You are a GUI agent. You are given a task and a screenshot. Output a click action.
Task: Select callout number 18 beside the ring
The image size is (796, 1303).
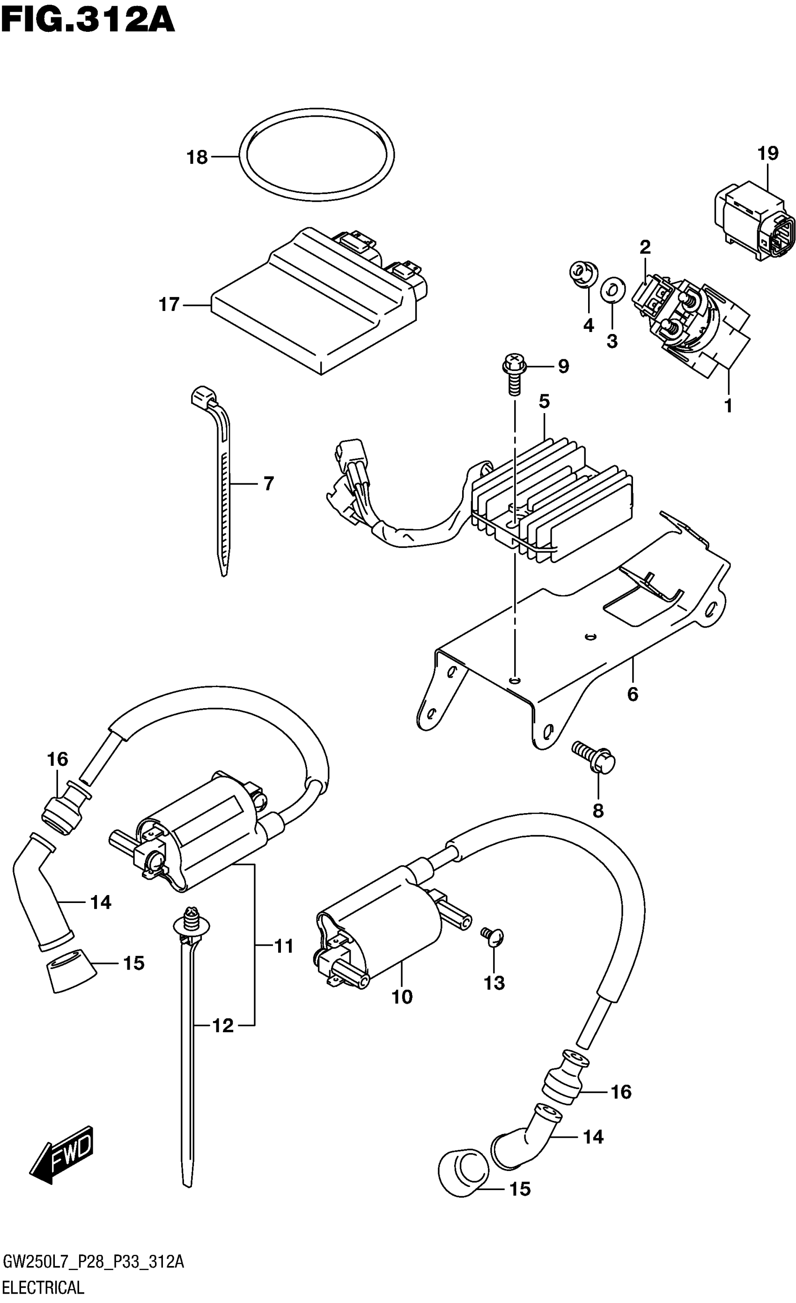[x=197, y=157]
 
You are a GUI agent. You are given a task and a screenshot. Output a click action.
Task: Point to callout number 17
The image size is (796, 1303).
[x=170, y=304]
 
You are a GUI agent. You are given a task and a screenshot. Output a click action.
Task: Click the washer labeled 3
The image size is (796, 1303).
[x=612, y=290]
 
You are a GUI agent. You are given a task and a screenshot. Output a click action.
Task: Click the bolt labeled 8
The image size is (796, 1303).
[x=594, y=759]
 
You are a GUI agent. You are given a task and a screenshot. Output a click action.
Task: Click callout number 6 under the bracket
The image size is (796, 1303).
[x=633, y=694]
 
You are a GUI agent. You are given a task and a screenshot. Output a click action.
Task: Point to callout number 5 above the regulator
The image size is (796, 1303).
[x=545, y=401]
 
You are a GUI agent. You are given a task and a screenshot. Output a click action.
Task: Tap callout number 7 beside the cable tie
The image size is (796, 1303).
[x=268, y=483]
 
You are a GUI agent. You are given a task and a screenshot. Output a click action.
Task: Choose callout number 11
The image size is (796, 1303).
[x=284, y=946]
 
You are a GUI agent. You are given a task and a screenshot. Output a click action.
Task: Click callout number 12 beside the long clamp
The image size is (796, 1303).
[x=222, y=1026]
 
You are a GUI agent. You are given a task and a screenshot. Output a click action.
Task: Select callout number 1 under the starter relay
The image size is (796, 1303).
[x=729, y=406]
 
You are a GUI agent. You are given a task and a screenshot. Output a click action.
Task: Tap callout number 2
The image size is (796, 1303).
[x=645, y=246]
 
